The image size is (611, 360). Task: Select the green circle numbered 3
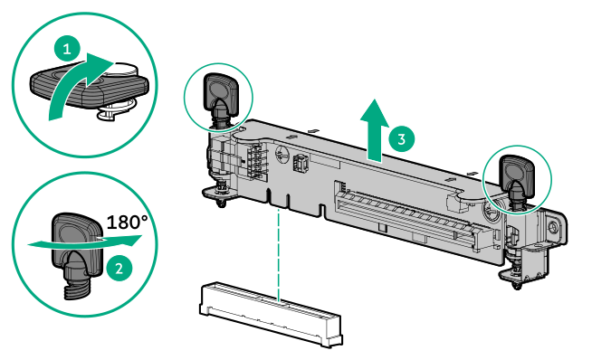point(403,138)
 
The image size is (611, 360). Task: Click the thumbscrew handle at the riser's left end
point(220,91)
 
